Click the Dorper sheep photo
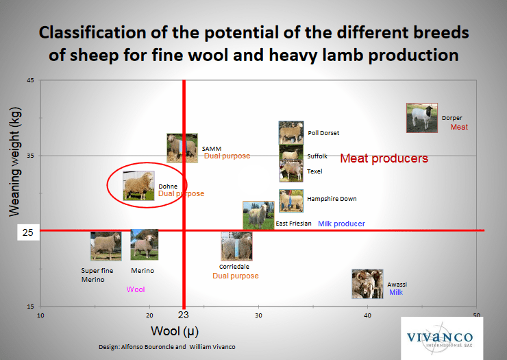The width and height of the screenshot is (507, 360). point(422,118)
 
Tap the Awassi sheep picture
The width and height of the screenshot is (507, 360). point(367,284)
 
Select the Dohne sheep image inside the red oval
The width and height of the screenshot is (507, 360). point(138,186)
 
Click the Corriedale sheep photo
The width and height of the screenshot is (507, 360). point(236,246)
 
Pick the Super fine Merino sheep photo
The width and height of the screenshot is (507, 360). point(106,246)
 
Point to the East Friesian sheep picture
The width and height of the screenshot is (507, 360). point(258,215)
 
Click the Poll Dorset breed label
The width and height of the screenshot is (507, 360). point(323,133)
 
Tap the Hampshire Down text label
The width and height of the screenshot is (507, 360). point(332,199)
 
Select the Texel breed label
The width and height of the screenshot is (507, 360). point(314,171)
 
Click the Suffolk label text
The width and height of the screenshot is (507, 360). point(317,156)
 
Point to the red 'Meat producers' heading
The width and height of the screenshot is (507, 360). point(384,158)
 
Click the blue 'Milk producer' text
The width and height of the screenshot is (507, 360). point(341,224)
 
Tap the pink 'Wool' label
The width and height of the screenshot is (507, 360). point(136,289)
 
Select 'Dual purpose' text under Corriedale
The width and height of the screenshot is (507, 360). point(236,276)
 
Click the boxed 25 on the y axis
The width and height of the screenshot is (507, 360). point(28,232)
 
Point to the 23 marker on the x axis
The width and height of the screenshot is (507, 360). point(184,315)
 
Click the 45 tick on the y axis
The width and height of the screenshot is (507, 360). point(30,80)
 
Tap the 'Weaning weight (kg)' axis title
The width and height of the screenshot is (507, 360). point(14,162)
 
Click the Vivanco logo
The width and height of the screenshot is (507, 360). point(442,338)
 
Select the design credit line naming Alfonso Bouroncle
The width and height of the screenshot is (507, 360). point(167,347)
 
